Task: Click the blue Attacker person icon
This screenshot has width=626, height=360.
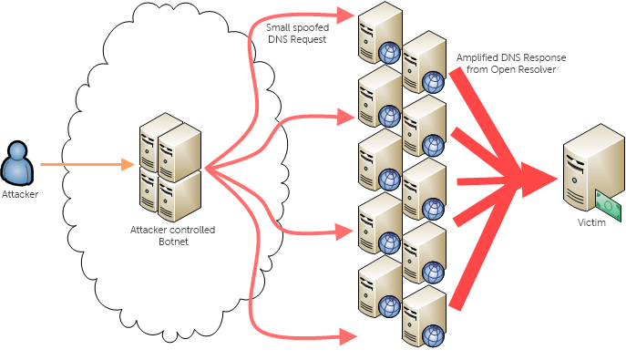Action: [x=19, y=164]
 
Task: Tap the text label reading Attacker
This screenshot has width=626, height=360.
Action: [x=20, y=194]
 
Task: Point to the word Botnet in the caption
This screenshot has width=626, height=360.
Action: [x=172, y=242]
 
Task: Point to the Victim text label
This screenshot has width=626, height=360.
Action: [x=591, y=222]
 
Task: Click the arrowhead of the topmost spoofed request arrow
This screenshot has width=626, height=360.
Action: [x=344, y=14]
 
